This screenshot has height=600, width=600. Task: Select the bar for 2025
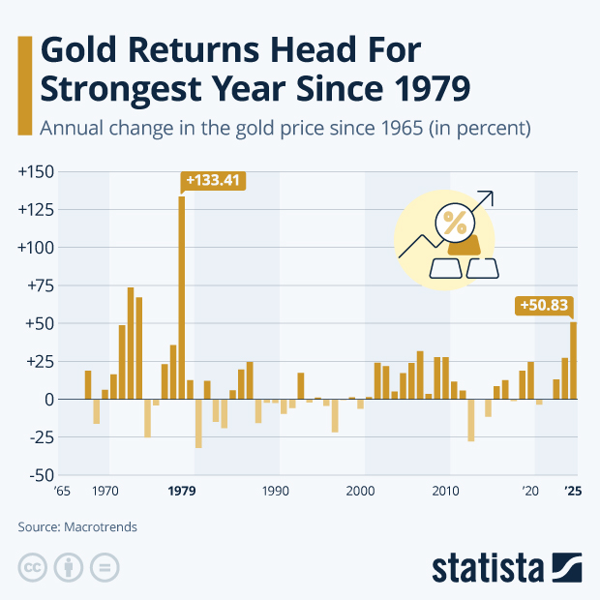pyautogui.click(x=573, y=360)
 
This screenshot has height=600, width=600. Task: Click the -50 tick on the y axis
pyautogui.click(x=39, y=475)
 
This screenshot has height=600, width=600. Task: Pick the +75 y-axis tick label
pyautogui.click(x=38, y=285)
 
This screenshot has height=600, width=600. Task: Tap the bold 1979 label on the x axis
pyautogui.click(x=182, y=492)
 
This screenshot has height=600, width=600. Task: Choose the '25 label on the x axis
pyautogui.click(x=573, y=492)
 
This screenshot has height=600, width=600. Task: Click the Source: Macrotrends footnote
pyautogui.click(x=77, y=527)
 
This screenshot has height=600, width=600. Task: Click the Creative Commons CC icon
pyautogui.click(x=32, y=567)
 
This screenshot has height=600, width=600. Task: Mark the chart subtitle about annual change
pyautogui.click(x=281, y=127)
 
